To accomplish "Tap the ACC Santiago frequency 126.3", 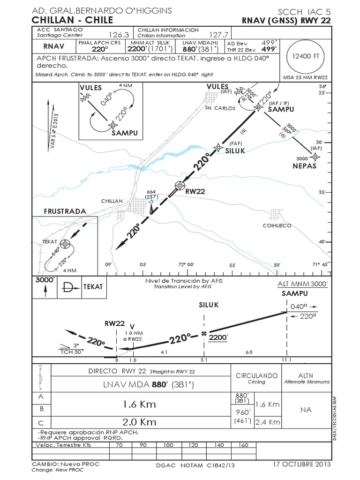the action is (119, 35).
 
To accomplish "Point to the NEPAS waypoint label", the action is (305, 166).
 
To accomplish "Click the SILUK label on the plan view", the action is (236, 150).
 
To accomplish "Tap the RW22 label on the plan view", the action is (196, 191).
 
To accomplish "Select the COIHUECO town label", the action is (277, 225).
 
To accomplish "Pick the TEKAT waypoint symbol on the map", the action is (65, 244).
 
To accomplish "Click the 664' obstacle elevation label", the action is (151, 191).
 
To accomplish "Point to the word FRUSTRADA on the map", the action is (65, 211).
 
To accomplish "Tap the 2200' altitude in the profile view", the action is (218, 337).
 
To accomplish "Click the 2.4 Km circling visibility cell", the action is (268, 421).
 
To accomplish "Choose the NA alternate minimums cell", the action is (306, 410).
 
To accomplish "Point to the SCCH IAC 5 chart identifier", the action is (304, 11).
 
